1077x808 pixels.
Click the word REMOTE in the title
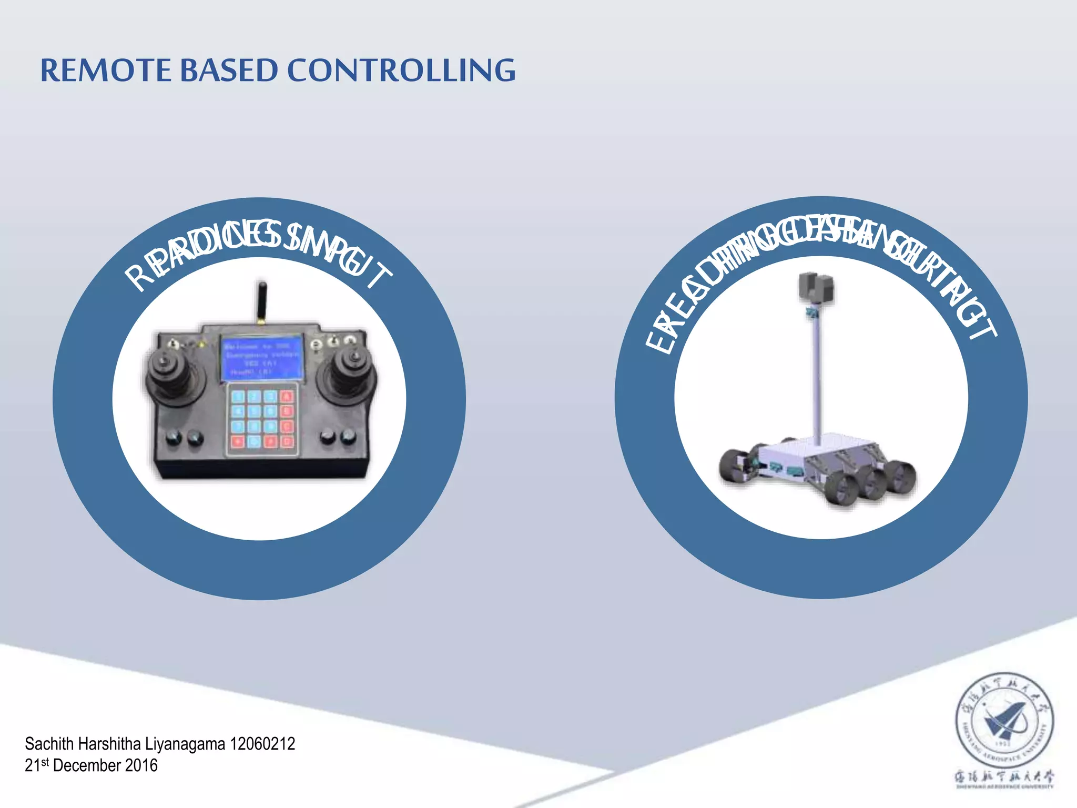point(106,70)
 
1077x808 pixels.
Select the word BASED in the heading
point(229,70)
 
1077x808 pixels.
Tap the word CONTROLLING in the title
point(401,70)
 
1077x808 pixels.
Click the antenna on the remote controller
point(261,302)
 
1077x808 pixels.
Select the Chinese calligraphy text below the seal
point(1004,776)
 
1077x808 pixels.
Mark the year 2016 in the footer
point(141,765)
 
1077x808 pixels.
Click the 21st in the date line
point(37,765)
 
